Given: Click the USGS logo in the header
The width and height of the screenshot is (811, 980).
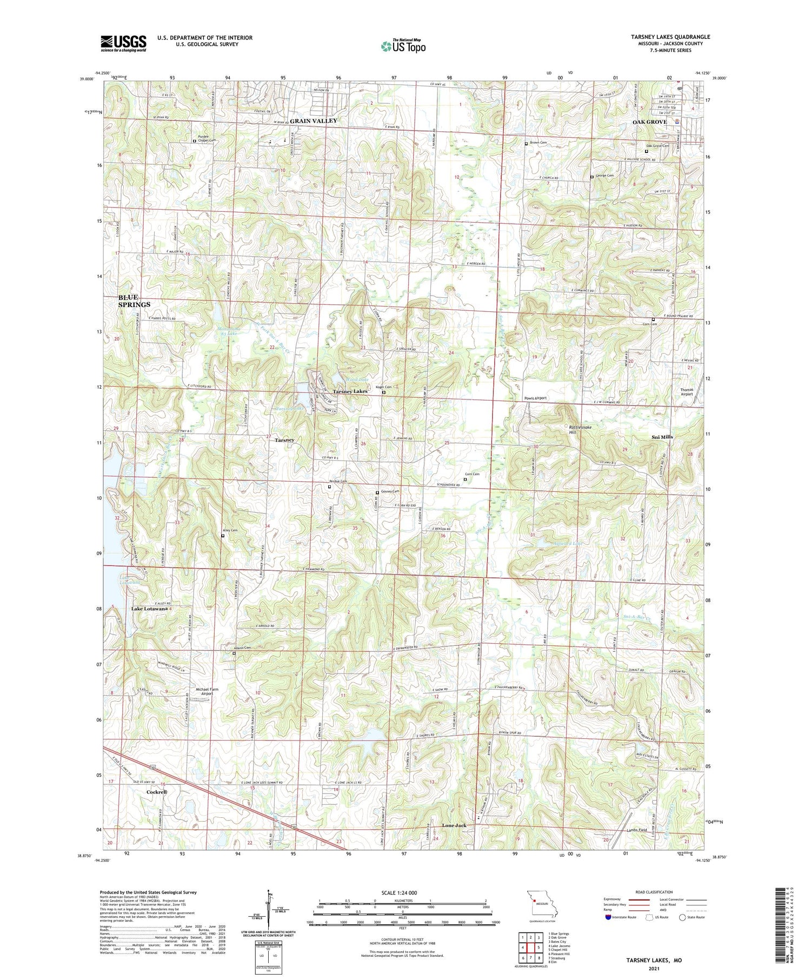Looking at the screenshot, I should pyautogui.click(x=123, y=43).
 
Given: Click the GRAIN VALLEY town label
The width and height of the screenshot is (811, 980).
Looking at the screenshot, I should pyautogui.click(x=314, y=121).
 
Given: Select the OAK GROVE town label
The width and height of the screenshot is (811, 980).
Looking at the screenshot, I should pyautogui.click(x=649, y=122).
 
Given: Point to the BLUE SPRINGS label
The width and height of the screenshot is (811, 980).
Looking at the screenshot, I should pyautogui.click(x=134, y=301).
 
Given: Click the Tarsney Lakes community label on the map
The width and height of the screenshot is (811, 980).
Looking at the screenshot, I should pyautogui.click(x=350, y=391).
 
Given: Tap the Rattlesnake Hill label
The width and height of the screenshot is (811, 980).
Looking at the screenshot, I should pyautogui.click(x=580, y=430).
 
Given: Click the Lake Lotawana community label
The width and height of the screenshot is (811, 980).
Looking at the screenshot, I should pyautogui.click(x=149, y=609).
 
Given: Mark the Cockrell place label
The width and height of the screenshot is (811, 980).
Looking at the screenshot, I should pyautogui.click(x=157, y=792).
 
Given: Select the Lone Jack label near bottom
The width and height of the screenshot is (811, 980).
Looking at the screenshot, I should pyautogui.click(x=454, y=825).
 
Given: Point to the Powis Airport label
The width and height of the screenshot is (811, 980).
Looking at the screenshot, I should pyautogui.click(x=535, y=398).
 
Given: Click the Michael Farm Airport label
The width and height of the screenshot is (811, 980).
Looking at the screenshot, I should pyautogui.click(x=207, y=691).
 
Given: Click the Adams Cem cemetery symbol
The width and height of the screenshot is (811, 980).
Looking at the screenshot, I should pyautogui.click(x=234, y=654).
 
